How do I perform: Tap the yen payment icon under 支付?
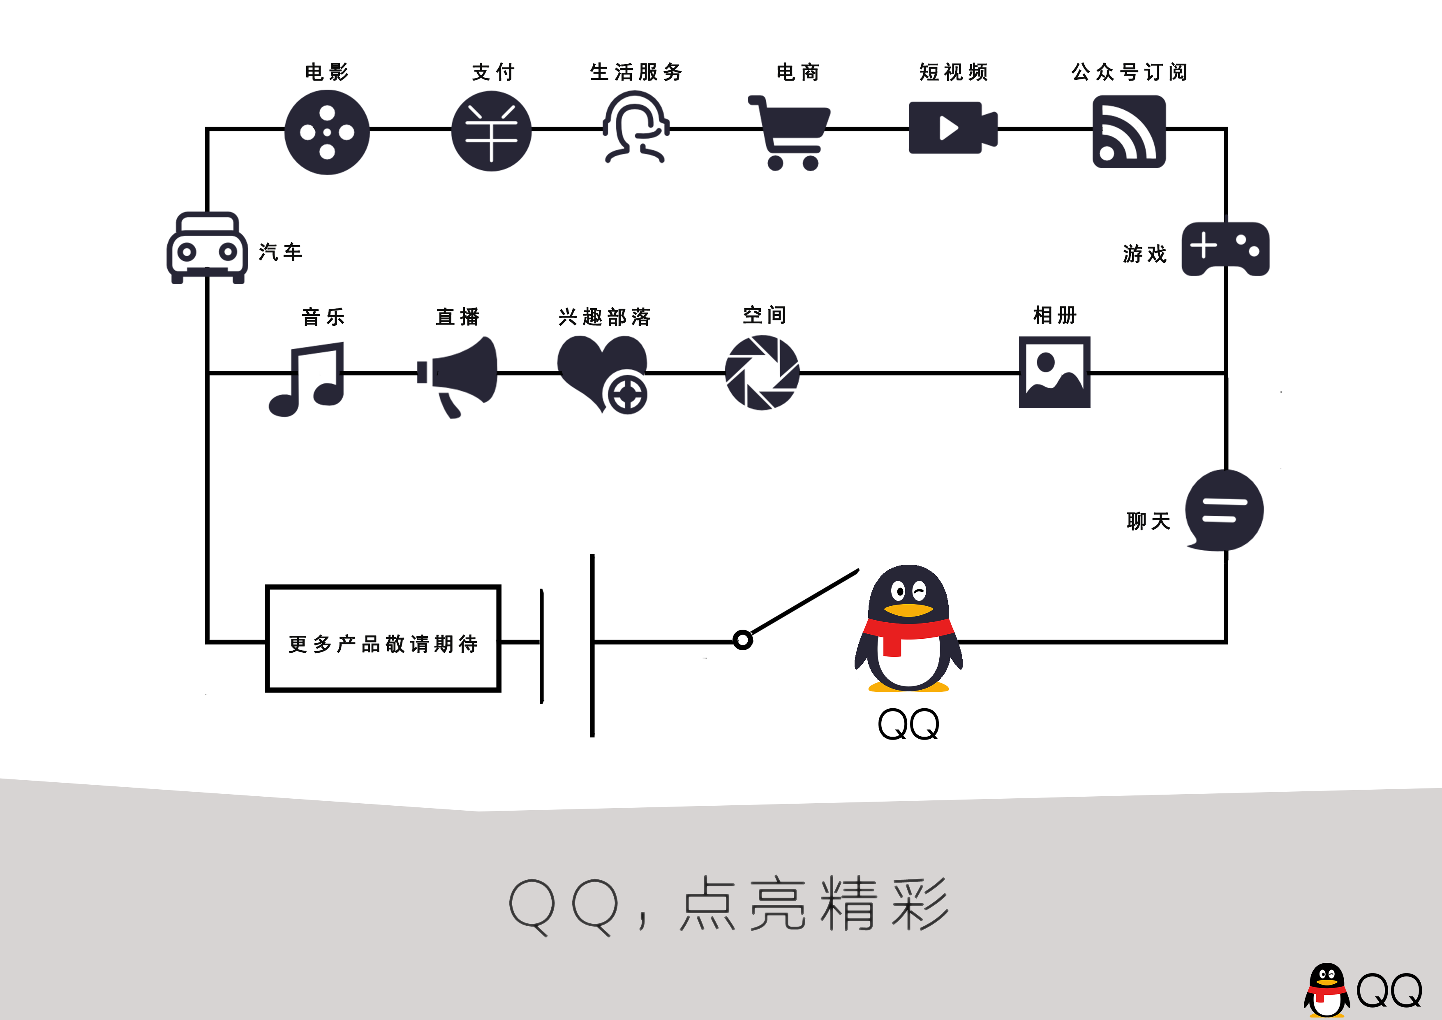491,131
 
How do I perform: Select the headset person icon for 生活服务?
635,127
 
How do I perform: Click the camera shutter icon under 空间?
762,373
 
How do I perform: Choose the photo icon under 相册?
1054,372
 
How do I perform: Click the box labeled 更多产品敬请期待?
382,638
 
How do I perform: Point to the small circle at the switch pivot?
742,640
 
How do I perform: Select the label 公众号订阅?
1129,72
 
